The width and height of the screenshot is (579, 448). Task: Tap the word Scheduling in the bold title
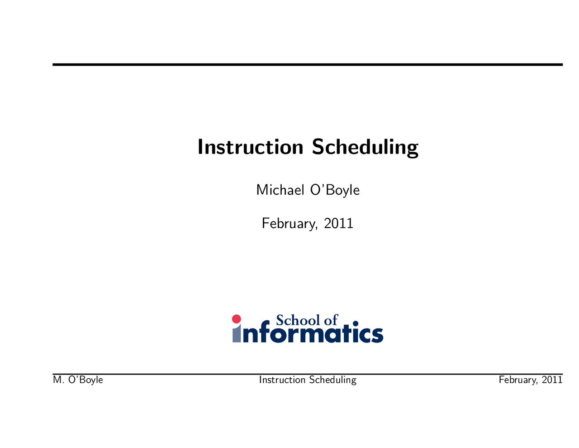(x=365, y=148)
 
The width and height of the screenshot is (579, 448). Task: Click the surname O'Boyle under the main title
(x=335, y=191)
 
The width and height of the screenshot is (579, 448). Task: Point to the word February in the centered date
(x=290, y=224)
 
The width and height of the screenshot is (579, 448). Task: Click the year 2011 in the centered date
(x=338, y=223)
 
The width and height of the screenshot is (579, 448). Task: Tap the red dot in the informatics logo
(x=236, y=318)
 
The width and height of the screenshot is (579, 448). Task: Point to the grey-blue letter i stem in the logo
(x=236, y=333)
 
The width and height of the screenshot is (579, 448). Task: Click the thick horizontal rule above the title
(x=308, y=65)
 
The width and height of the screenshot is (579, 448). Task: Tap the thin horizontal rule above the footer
(x=308, y=374)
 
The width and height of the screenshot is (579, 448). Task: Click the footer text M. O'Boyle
(x=78, y=380)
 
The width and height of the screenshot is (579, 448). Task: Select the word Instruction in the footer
(x=282, y=380)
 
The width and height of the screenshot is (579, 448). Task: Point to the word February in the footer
(x=519, y=380)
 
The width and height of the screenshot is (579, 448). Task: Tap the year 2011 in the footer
(x=552, y=380)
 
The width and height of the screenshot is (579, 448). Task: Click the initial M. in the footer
(x=58, y=380)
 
